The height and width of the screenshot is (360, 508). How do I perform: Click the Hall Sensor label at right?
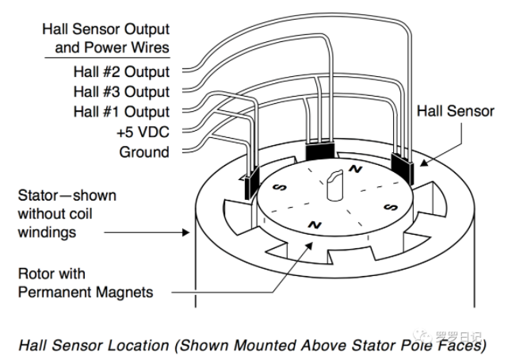tap(455, 112)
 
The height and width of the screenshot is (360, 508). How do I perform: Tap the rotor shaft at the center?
tap(332, 184)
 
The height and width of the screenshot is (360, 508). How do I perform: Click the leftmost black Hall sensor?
tap(253, 184)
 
